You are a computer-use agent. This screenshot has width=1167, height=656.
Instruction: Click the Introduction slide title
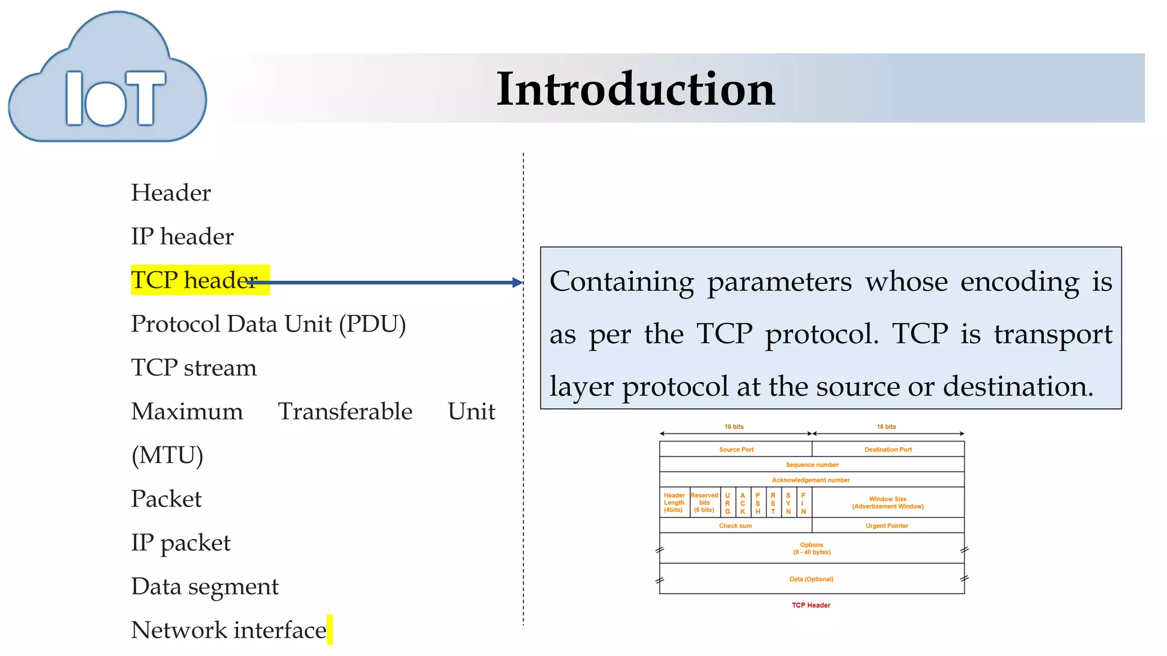pyautogui.click(x=635, y=89)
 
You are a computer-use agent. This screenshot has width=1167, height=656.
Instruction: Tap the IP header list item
pyautogui.click(x=182, y=236)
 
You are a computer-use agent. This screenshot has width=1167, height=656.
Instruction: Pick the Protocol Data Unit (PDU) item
pyautogui.click(x=268, y=324)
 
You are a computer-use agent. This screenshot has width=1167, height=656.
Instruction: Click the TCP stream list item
pyautogui.click(x=194, y=368)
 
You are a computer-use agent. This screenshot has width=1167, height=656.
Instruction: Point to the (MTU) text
pyautogui.click(x=167, y=455)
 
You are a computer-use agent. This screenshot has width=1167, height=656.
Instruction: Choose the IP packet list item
pyautogui.click(x=181, y=543)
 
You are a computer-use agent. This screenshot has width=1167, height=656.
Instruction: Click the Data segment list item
pyautogui.click(x=205, y=587)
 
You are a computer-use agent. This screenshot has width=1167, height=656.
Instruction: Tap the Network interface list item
pyautogui.click(x=228, y=630)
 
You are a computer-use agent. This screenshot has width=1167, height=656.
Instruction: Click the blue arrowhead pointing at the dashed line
pyautogui.click(x=517, y=282)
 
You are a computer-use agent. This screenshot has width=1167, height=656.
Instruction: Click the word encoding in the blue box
pyautogui.click(x=1019, y=281)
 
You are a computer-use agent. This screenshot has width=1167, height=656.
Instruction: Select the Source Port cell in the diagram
pyautogui.click(x=736, y=449)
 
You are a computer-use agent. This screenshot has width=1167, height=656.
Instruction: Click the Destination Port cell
pyautogui.click(x=888, y=449)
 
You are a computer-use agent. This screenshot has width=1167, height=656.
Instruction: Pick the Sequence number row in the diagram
pyautogui.click(x=811, y=465)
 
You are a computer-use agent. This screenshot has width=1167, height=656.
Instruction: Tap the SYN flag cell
pyautogui.click(x=788, y=503)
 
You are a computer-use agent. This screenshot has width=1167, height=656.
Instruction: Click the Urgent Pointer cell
pyautogui.click(x=887, y=526)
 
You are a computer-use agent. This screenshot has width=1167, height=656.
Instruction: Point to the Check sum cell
pyautogui.click(x=735, y=526)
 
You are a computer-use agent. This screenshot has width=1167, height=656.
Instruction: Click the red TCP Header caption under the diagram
pyautogui.click(x=811, y=605)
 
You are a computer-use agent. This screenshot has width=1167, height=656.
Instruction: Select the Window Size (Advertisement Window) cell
pyautogui.click(x=888, y=502)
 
